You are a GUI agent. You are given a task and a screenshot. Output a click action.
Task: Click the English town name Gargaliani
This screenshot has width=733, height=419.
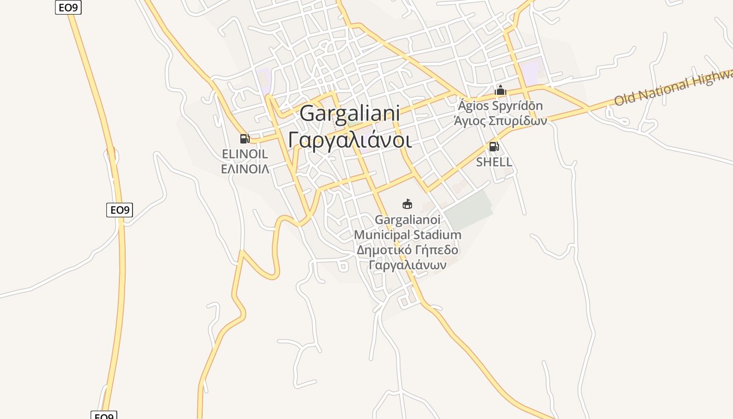[350, 114]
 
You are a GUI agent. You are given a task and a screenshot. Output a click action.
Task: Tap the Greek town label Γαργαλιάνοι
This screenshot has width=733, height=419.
[350, 140]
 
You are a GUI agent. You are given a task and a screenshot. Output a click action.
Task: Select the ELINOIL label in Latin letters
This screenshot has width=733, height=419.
[245, 154]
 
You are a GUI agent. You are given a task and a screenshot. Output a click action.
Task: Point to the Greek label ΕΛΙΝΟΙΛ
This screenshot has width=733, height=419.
[245, 169]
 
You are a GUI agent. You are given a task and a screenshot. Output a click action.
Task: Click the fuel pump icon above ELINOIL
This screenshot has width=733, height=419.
[245, 139]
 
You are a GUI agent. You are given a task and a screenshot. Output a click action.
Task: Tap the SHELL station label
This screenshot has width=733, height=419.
[494, 162]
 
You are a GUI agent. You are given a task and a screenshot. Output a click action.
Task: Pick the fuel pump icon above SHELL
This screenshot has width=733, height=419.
[493, 147]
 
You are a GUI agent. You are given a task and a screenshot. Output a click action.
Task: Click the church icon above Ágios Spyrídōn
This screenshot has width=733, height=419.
[501, 91]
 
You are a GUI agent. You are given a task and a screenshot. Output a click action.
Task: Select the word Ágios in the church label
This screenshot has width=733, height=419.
[473, 106]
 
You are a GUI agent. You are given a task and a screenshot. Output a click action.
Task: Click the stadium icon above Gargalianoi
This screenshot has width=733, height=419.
[407, 204]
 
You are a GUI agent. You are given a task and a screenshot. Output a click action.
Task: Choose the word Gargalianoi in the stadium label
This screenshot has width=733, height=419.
[407, 219]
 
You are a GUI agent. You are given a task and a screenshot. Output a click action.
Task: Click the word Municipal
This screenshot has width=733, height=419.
[382, 235]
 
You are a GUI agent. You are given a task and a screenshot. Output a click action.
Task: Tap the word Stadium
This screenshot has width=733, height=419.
[437, 235]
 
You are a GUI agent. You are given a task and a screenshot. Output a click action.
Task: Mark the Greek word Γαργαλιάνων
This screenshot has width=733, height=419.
[407, 264]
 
